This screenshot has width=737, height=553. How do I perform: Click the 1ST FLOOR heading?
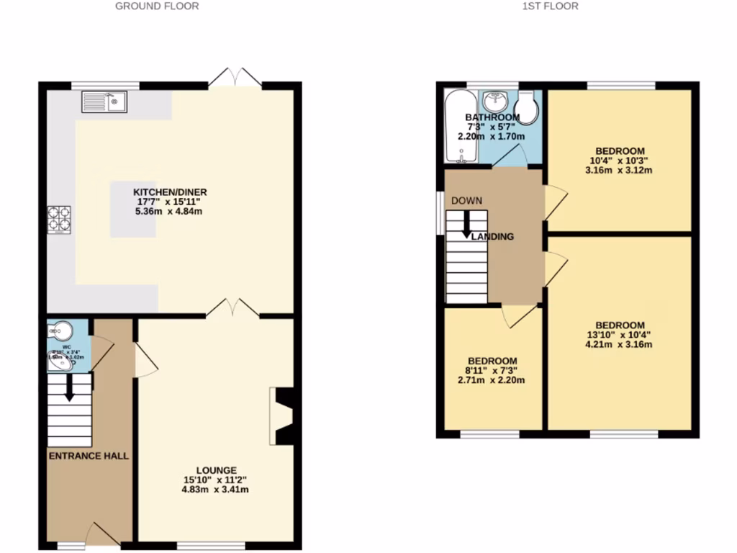[550, 6]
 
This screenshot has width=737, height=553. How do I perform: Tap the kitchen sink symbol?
[104, 102]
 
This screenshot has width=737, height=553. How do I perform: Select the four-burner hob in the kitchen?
[60, 220]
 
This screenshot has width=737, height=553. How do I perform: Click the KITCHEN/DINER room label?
[170, 192]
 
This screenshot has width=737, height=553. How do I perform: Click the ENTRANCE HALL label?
[89, 456]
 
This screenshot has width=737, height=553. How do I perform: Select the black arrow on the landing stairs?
[466, 225]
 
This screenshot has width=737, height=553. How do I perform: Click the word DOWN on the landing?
[466, 200]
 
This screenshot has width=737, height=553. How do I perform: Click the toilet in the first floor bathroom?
[528, 108]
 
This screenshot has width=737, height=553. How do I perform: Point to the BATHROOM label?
[492, 117]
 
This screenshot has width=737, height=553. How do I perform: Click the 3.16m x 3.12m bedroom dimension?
[620, 171]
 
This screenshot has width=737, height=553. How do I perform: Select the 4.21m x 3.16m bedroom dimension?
[620, 344]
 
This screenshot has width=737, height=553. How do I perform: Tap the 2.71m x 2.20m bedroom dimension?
[492, 380]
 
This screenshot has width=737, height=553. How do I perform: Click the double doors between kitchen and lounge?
[233, 310]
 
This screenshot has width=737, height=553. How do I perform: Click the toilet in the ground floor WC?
[60, 331]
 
